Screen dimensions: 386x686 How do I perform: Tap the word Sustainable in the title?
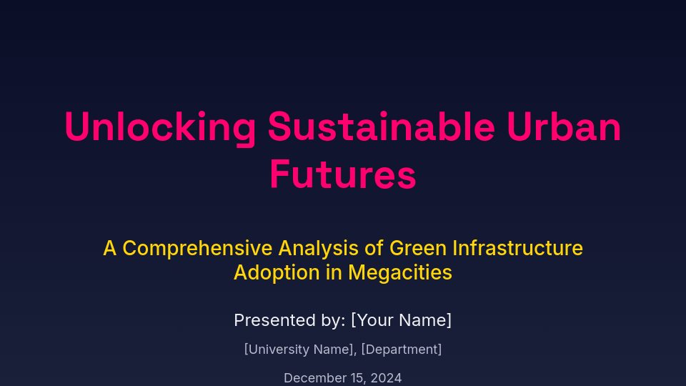(x=381, y=127)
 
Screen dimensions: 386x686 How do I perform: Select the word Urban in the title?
(x=565, y=127)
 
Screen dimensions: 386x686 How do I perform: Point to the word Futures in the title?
(x=343, y=174)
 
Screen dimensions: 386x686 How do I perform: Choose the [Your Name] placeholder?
(x=401, y=320)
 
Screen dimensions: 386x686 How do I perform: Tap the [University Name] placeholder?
(x=299, y=350)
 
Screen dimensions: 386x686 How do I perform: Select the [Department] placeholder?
(x=402, y=350)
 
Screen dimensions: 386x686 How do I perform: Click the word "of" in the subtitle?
(x=376, y=248)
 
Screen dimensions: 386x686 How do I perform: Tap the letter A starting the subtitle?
(x=109, y=248)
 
